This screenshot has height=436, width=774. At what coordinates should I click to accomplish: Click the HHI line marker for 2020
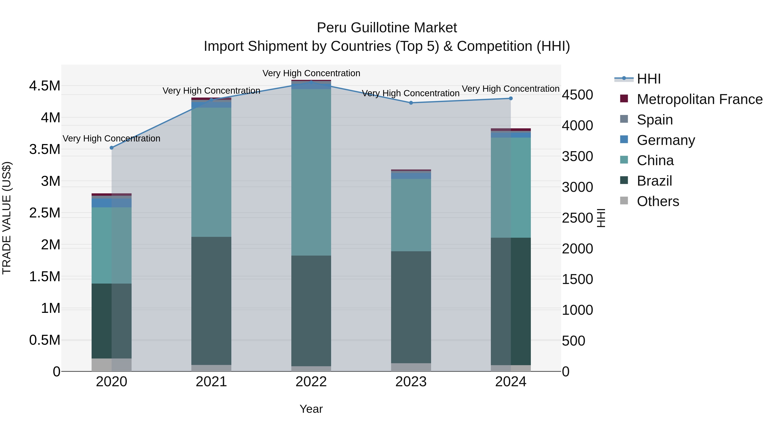pos(111,148)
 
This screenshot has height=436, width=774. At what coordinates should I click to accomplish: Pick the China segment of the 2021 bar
pos(211,172)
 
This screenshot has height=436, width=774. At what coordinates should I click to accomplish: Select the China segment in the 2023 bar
pos(411,215)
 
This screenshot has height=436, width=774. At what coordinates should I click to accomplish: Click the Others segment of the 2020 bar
pos(111,365)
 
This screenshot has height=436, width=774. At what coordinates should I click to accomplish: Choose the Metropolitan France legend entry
pos(699,99)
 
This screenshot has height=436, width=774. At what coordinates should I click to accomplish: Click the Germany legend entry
pos(666,140)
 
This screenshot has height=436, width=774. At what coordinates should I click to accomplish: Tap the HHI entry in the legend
pos(648,79)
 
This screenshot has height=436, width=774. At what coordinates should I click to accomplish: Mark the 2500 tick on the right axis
pos(577,218)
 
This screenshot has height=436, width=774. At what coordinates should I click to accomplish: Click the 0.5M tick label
pos(45,340)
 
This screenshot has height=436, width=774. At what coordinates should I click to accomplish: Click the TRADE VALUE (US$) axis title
pos(7,218)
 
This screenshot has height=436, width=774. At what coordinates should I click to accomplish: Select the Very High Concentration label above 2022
pos(311,73)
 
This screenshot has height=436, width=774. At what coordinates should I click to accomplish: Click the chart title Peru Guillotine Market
pos(387,28)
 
